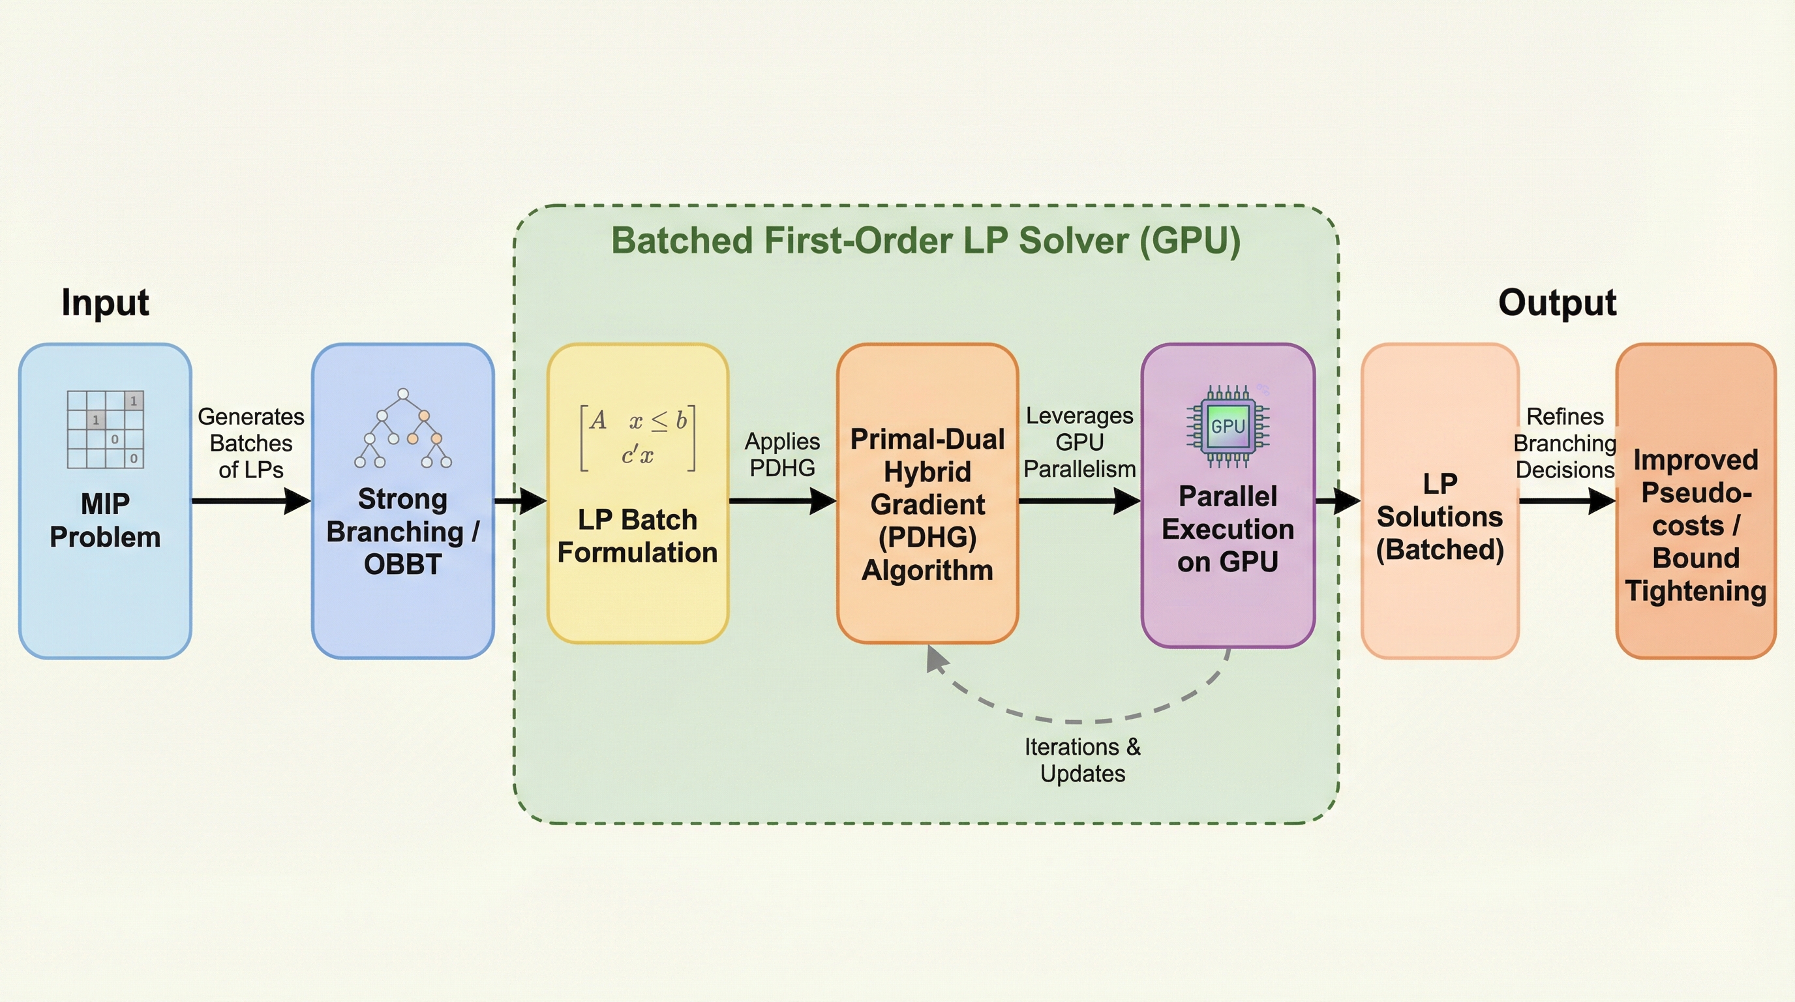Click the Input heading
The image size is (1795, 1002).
click(x=105, y=303)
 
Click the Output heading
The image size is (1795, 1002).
click(x=1557, y=303)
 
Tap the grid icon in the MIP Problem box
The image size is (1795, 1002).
click(x=105, y=429)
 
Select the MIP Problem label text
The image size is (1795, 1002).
click(x=105, y=520)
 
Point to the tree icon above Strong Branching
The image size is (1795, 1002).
click(x=402, y=429)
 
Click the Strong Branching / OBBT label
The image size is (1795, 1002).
click(x=402, y=531)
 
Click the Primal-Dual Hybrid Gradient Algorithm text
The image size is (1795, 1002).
click(x=928, y=504)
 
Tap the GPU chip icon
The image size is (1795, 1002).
click(x=1228, y=427)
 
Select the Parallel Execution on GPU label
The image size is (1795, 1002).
click(x=1228, y=529)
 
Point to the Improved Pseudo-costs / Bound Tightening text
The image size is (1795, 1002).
click(x=1695, y=525)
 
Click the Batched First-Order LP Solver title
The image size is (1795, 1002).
click(x=926, y=241)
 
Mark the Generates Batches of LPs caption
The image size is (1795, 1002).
click(x=251, y=443)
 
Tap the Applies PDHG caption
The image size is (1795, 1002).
click(x=782, y=454)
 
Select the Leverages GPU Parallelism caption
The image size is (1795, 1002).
click(x=1079, y=442)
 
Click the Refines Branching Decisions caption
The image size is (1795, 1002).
click(x=1565, y=443)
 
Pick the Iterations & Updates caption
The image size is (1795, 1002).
click(x=1082, y=760)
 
